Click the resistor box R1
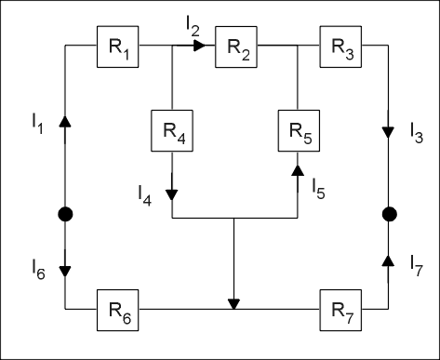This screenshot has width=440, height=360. click(x=118, y=47)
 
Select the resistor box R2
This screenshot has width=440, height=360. click(x=236, y=47)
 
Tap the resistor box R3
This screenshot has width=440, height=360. click(x=340, y=47)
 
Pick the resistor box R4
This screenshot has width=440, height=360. click(x=172, y=130)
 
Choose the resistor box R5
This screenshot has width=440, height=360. click(x=299, y=130)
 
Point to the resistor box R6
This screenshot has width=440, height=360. click(x=118, y=310)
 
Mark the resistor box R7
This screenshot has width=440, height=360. click(x=340, y=310)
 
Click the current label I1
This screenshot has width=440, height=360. click(x=37, y=124)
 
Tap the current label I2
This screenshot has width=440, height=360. click(x=193, y=26)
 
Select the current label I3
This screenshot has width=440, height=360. click(x=417, y=133)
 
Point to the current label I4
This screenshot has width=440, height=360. click(x=145, y=195)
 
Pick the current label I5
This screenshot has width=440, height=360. click(x=318, y=189)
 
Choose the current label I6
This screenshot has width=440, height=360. click(x=38, y=270)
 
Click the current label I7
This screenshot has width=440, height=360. click(x=417, y=265)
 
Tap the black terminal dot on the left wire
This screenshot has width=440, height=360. click(x=65, y=214)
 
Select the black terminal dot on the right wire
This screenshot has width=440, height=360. click(x=390, y=214)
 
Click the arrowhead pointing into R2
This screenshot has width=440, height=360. click(x=199, y=46)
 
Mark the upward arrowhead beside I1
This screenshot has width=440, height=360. click(x=65, y=121)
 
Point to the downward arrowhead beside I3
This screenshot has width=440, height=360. click(x=388, y=132)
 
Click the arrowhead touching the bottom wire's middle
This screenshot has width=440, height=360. click(x=233, y=304)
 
